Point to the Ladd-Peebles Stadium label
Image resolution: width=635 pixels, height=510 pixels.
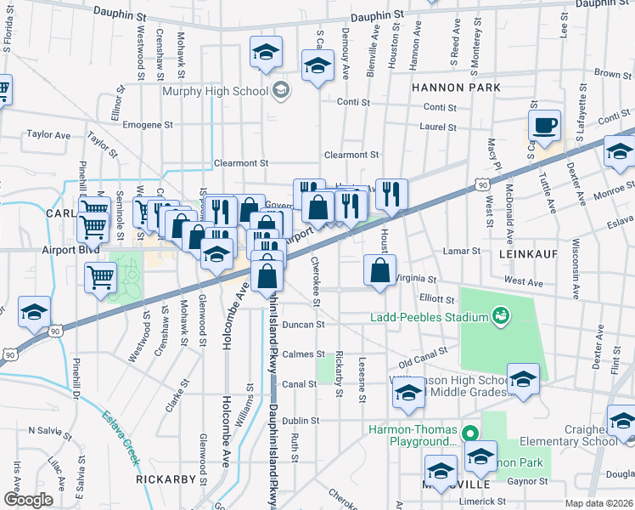pos(430,318)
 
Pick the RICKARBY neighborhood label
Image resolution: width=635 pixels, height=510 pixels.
pos(166,479)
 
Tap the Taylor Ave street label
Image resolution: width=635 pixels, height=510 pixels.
pos(48,134)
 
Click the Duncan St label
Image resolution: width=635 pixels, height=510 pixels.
pos(304,324)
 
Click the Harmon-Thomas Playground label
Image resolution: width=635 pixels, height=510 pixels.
pos(413,435)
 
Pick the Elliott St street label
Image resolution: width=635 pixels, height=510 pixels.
pos(438,298)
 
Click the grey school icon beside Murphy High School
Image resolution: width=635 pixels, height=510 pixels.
pos(279,90)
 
